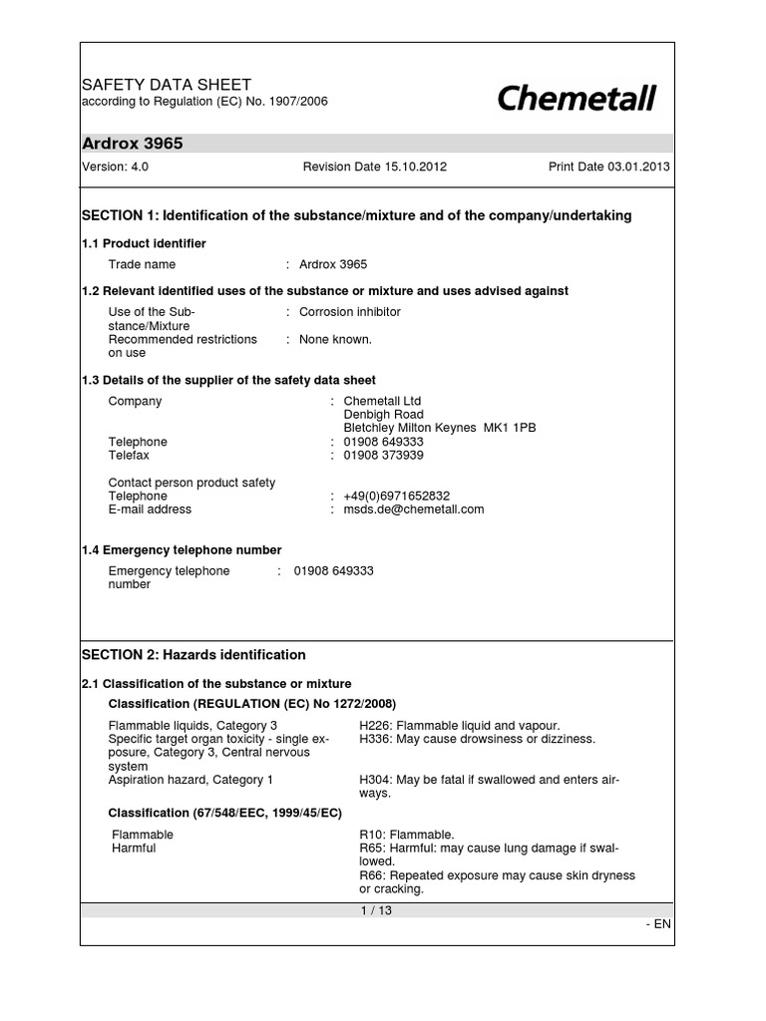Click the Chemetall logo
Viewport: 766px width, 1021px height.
575,99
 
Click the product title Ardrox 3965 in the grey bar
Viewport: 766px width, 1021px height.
133,144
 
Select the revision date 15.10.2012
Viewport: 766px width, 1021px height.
375,168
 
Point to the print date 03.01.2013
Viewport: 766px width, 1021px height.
608,168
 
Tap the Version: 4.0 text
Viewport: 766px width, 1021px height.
115,168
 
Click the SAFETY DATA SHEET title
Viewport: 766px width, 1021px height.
166,85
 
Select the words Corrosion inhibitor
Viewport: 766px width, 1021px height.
350,312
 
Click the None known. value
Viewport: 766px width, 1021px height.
335,339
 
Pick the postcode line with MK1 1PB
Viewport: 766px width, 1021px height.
439,428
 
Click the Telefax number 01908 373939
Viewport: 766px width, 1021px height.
384,456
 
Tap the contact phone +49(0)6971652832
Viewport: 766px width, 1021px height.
397,496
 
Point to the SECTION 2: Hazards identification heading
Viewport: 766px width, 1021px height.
193,655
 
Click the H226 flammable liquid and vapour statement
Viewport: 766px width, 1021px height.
460,725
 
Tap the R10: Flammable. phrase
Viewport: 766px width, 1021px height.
407,835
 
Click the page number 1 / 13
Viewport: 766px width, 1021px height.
377,910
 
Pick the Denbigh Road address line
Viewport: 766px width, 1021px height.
384,415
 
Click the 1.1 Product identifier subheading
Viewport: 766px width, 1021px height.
144,243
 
